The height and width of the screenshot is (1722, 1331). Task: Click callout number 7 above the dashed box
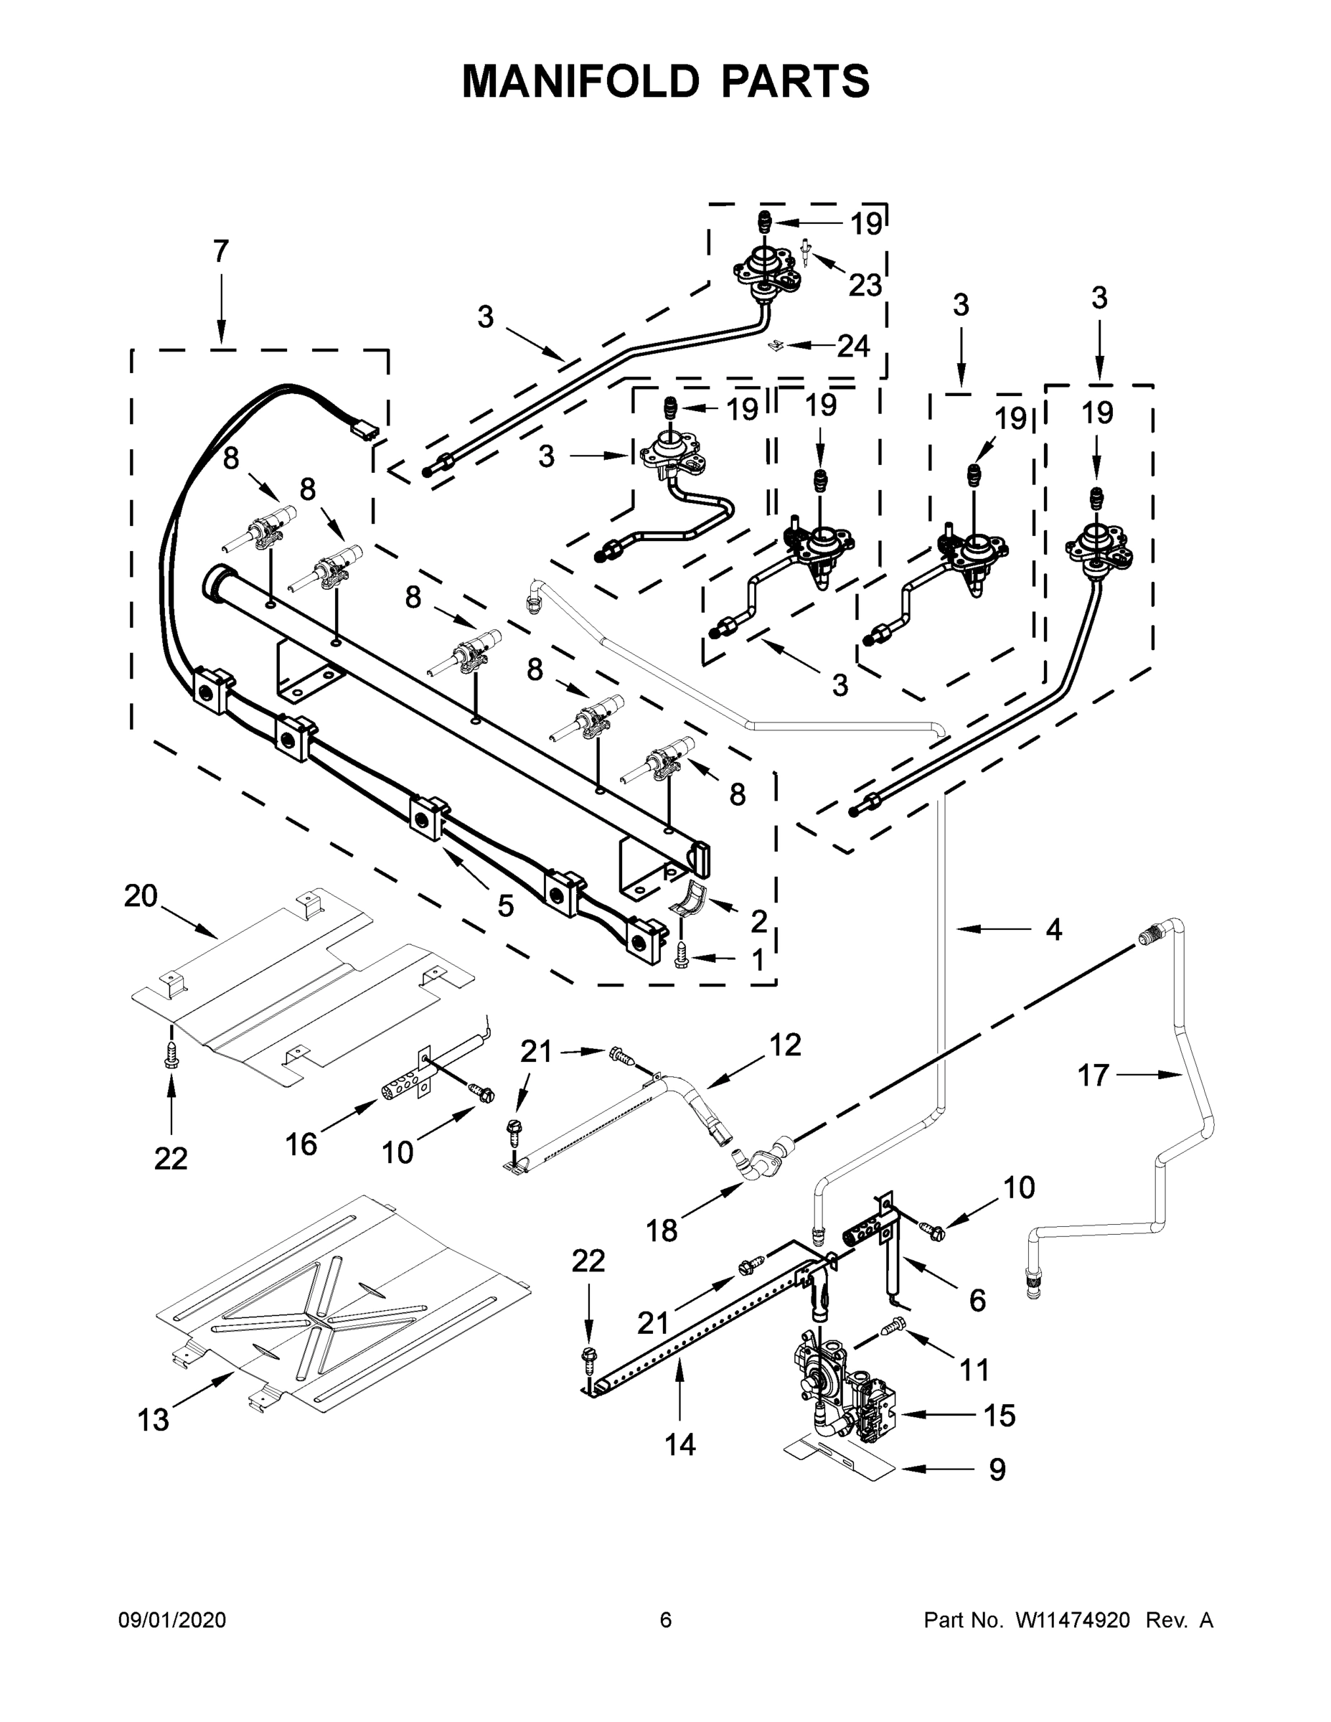point(221,252)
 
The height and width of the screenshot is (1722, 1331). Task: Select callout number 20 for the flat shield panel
point(141,896)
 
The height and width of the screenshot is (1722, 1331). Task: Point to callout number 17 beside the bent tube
point(1093,1076)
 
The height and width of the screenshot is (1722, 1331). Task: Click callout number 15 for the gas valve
point(999,1416)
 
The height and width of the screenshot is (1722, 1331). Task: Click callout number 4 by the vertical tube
point(1053,930)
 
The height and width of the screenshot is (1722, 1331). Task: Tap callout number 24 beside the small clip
point(853,345)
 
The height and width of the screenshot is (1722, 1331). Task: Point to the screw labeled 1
point(683,956)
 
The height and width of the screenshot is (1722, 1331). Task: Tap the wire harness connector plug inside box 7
point(365,430)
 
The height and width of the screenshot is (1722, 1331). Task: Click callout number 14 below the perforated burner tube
point(679,1445)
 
